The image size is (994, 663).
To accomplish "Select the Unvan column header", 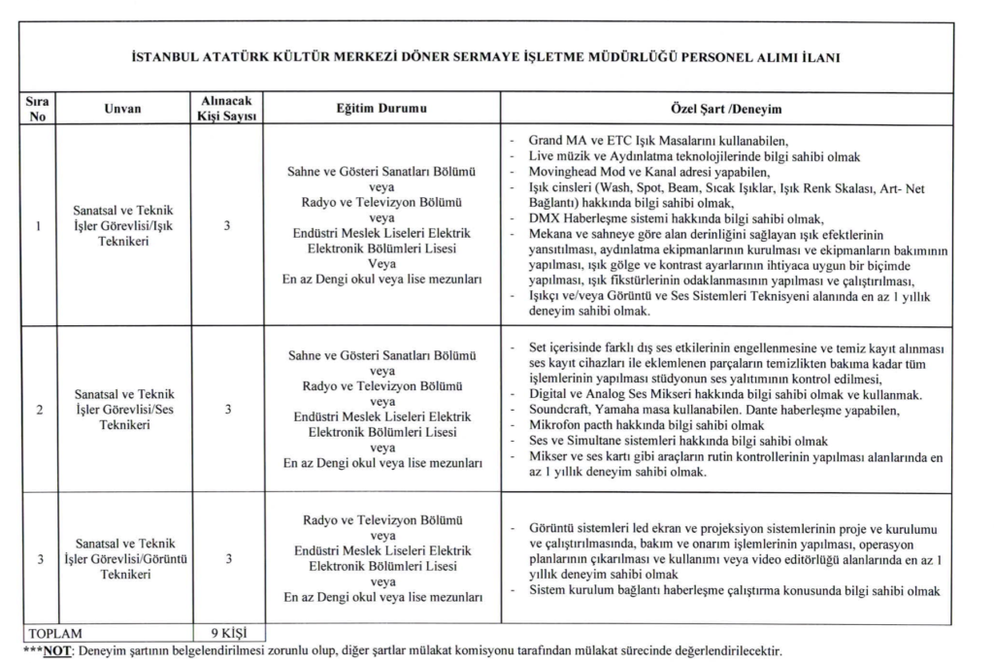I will [122, 109].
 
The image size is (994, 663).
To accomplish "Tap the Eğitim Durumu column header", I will [382, 108].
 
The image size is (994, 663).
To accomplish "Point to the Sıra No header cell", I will [37, 108].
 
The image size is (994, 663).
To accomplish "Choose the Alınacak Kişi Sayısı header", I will [227, 108].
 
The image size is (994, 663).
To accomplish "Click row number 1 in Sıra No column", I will [37, 227].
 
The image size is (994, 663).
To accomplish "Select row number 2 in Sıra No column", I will [37, 410].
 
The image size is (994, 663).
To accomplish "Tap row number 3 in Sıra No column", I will [37, 559].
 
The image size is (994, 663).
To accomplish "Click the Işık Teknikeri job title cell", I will [122, 227].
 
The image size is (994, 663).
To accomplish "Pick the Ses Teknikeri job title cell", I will [122, 410].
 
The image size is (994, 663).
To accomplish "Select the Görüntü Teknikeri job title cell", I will [122, 559].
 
